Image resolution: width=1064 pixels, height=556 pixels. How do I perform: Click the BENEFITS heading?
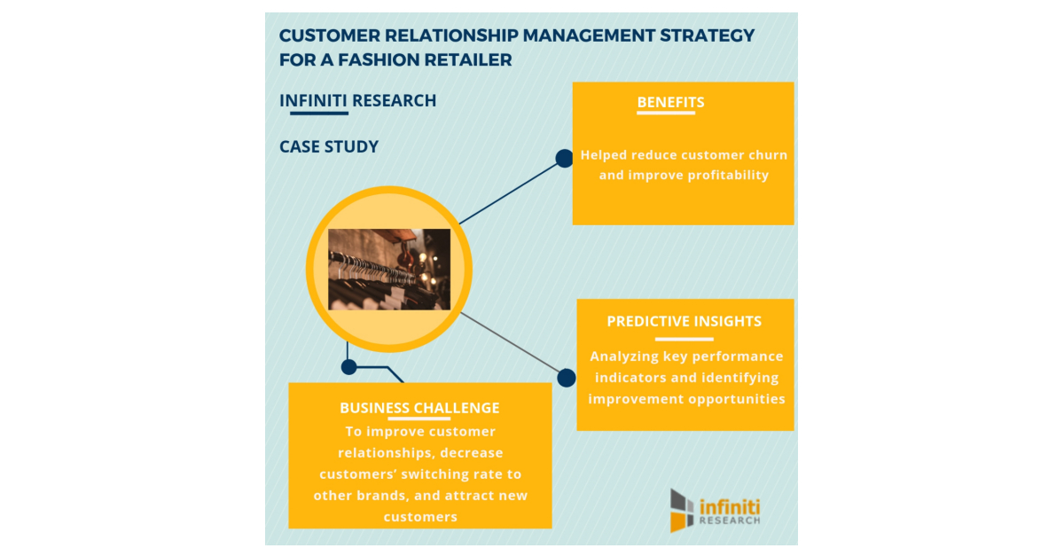670,102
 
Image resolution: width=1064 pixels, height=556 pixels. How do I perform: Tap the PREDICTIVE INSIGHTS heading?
684,321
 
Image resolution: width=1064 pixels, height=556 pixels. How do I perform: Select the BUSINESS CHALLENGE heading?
419,408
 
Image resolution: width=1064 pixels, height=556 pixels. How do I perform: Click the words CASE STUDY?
329,146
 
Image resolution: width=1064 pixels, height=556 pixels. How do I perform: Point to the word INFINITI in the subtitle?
313,101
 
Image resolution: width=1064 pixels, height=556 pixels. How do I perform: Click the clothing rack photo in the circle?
389,269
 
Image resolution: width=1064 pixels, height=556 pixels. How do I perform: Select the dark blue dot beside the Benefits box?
564,159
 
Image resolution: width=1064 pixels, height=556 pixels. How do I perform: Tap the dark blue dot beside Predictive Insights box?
567,378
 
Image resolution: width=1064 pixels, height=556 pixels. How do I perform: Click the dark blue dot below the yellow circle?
349,366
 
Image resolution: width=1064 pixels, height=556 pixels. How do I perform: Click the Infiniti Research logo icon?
682,510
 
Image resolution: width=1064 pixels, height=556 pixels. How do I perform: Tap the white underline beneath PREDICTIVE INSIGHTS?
684,339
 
